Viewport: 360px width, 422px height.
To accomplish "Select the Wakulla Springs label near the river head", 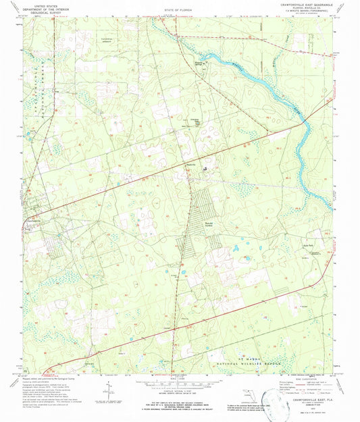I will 198,64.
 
